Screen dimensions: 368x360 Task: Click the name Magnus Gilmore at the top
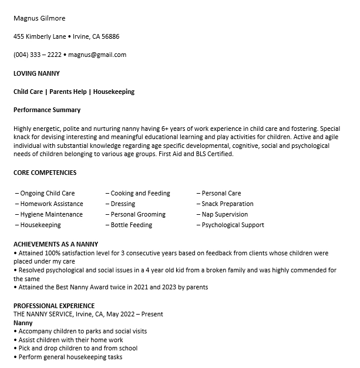(39, 18)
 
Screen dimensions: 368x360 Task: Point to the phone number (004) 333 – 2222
(37, 55)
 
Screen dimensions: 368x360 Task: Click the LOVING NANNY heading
(36, 73)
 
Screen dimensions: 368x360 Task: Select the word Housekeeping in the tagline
(114, 92)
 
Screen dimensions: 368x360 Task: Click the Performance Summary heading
(47, 110)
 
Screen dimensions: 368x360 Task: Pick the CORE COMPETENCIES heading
(45, 173)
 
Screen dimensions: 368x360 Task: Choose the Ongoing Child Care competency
(45, 193)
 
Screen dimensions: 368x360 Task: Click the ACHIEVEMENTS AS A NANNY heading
(56, 244)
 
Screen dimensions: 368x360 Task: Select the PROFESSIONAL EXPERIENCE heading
(54, 306)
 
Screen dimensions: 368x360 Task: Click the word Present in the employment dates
(151, 314)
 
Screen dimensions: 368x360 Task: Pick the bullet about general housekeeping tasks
(70, 357)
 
